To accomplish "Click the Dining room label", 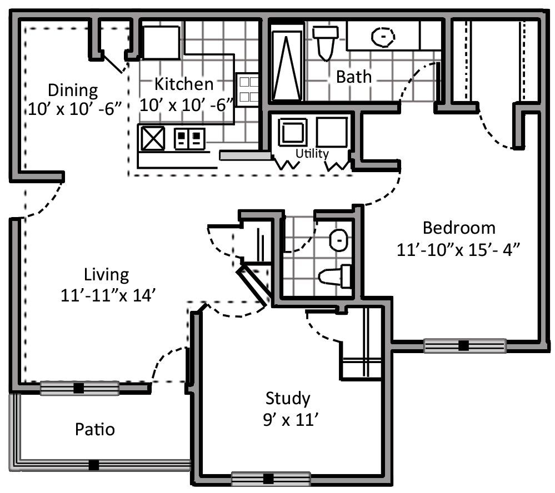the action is click(x=73, y=90).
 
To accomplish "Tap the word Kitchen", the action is click(x=184, y=84).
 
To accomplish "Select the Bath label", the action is click(x=353, y=77).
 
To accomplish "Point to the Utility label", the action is click(x=312, y=153).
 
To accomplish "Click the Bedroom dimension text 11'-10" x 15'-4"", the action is click(x=458, y=250).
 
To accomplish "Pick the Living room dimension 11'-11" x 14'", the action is click(x=108, y=295).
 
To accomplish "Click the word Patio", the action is click(x=95, y=429).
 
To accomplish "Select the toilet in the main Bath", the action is click(x=326, y=42).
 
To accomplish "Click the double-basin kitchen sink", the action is click(x=189, y=139).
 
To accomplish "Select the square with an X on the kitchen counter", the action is click(x=153, y=138).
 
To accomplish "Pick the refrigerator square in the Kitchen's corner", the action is click(x=162, y=42).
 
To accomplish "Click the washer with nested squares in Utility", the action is click(x=293, y=132).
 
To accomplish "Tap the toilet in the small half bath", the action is click(x=334, y=276).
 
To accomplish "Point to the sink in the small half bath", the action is click(x=339, y=240).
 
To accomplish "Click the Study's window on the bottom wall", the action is click(x=271, y=479).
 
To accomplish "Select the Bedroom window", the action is click(x=465, y=345).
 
